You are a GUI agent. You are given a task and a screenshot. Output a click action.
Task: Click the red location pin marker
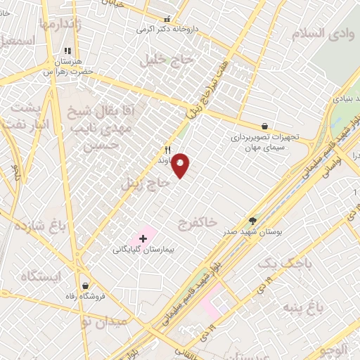coord(181,165)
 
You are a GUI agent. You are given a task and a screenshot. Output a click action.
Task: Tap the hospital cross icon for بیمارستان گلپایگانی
coord(143,239)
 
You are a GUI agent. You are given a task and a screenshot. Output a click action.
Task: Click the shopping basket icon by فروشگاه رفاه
coord(86,286)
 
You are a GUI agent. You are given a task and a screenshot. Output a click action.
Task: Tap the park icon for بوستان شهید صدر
coord(253,221)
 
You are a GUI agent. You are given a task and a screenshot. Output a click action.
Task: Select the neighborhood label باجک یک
coord(283,263)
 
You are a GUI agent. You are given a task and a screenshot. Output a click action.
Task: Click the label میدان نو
coord(104,321)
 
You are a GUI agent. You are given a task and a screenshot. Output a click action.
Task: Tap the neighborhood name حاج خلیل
coord(166,59)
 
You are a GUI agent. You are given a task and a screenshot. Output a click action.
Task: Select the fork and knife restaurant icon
coord(167,149)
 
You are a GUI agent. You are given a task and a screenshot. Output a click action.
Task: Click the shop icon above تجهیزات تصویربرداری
coord(264,127)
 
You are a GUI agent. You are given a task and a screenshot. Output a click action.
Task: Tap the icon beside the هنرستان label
coord(67,51)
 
